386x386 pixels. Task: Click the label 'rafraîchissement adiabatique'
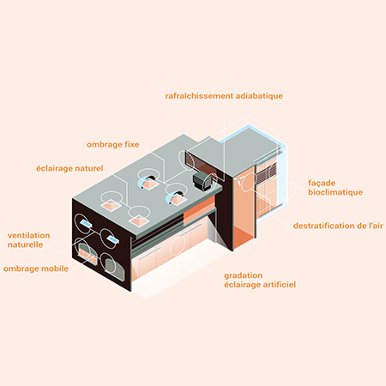224,96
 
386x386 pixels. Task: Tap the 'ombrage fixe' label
113,145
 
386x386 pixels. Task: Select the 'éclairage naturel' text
69,168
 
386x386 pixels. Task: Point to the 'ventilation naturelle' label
28,240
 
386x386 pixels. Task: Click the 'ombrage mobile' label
36,268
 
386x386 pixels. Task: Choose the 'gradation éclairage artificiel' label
260,280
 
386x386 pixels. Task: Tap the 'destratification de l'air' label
338,226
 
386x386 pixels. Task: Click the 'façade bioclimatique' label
335,188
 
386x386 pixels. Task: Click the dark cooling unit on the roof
203,182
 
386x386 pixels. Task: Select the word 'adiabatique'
259,96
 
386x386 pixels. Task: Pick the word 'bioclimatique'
335,192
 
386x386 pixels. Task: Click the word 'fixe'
132,145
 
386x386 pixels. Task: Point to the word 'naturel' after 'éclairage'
88,168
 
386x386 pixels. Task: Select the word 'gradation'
244,275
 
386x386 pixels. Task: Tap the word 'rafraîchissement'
199,96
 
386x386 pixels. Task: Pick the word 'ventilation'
28,236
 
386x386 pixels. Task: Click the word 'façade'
322,184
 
